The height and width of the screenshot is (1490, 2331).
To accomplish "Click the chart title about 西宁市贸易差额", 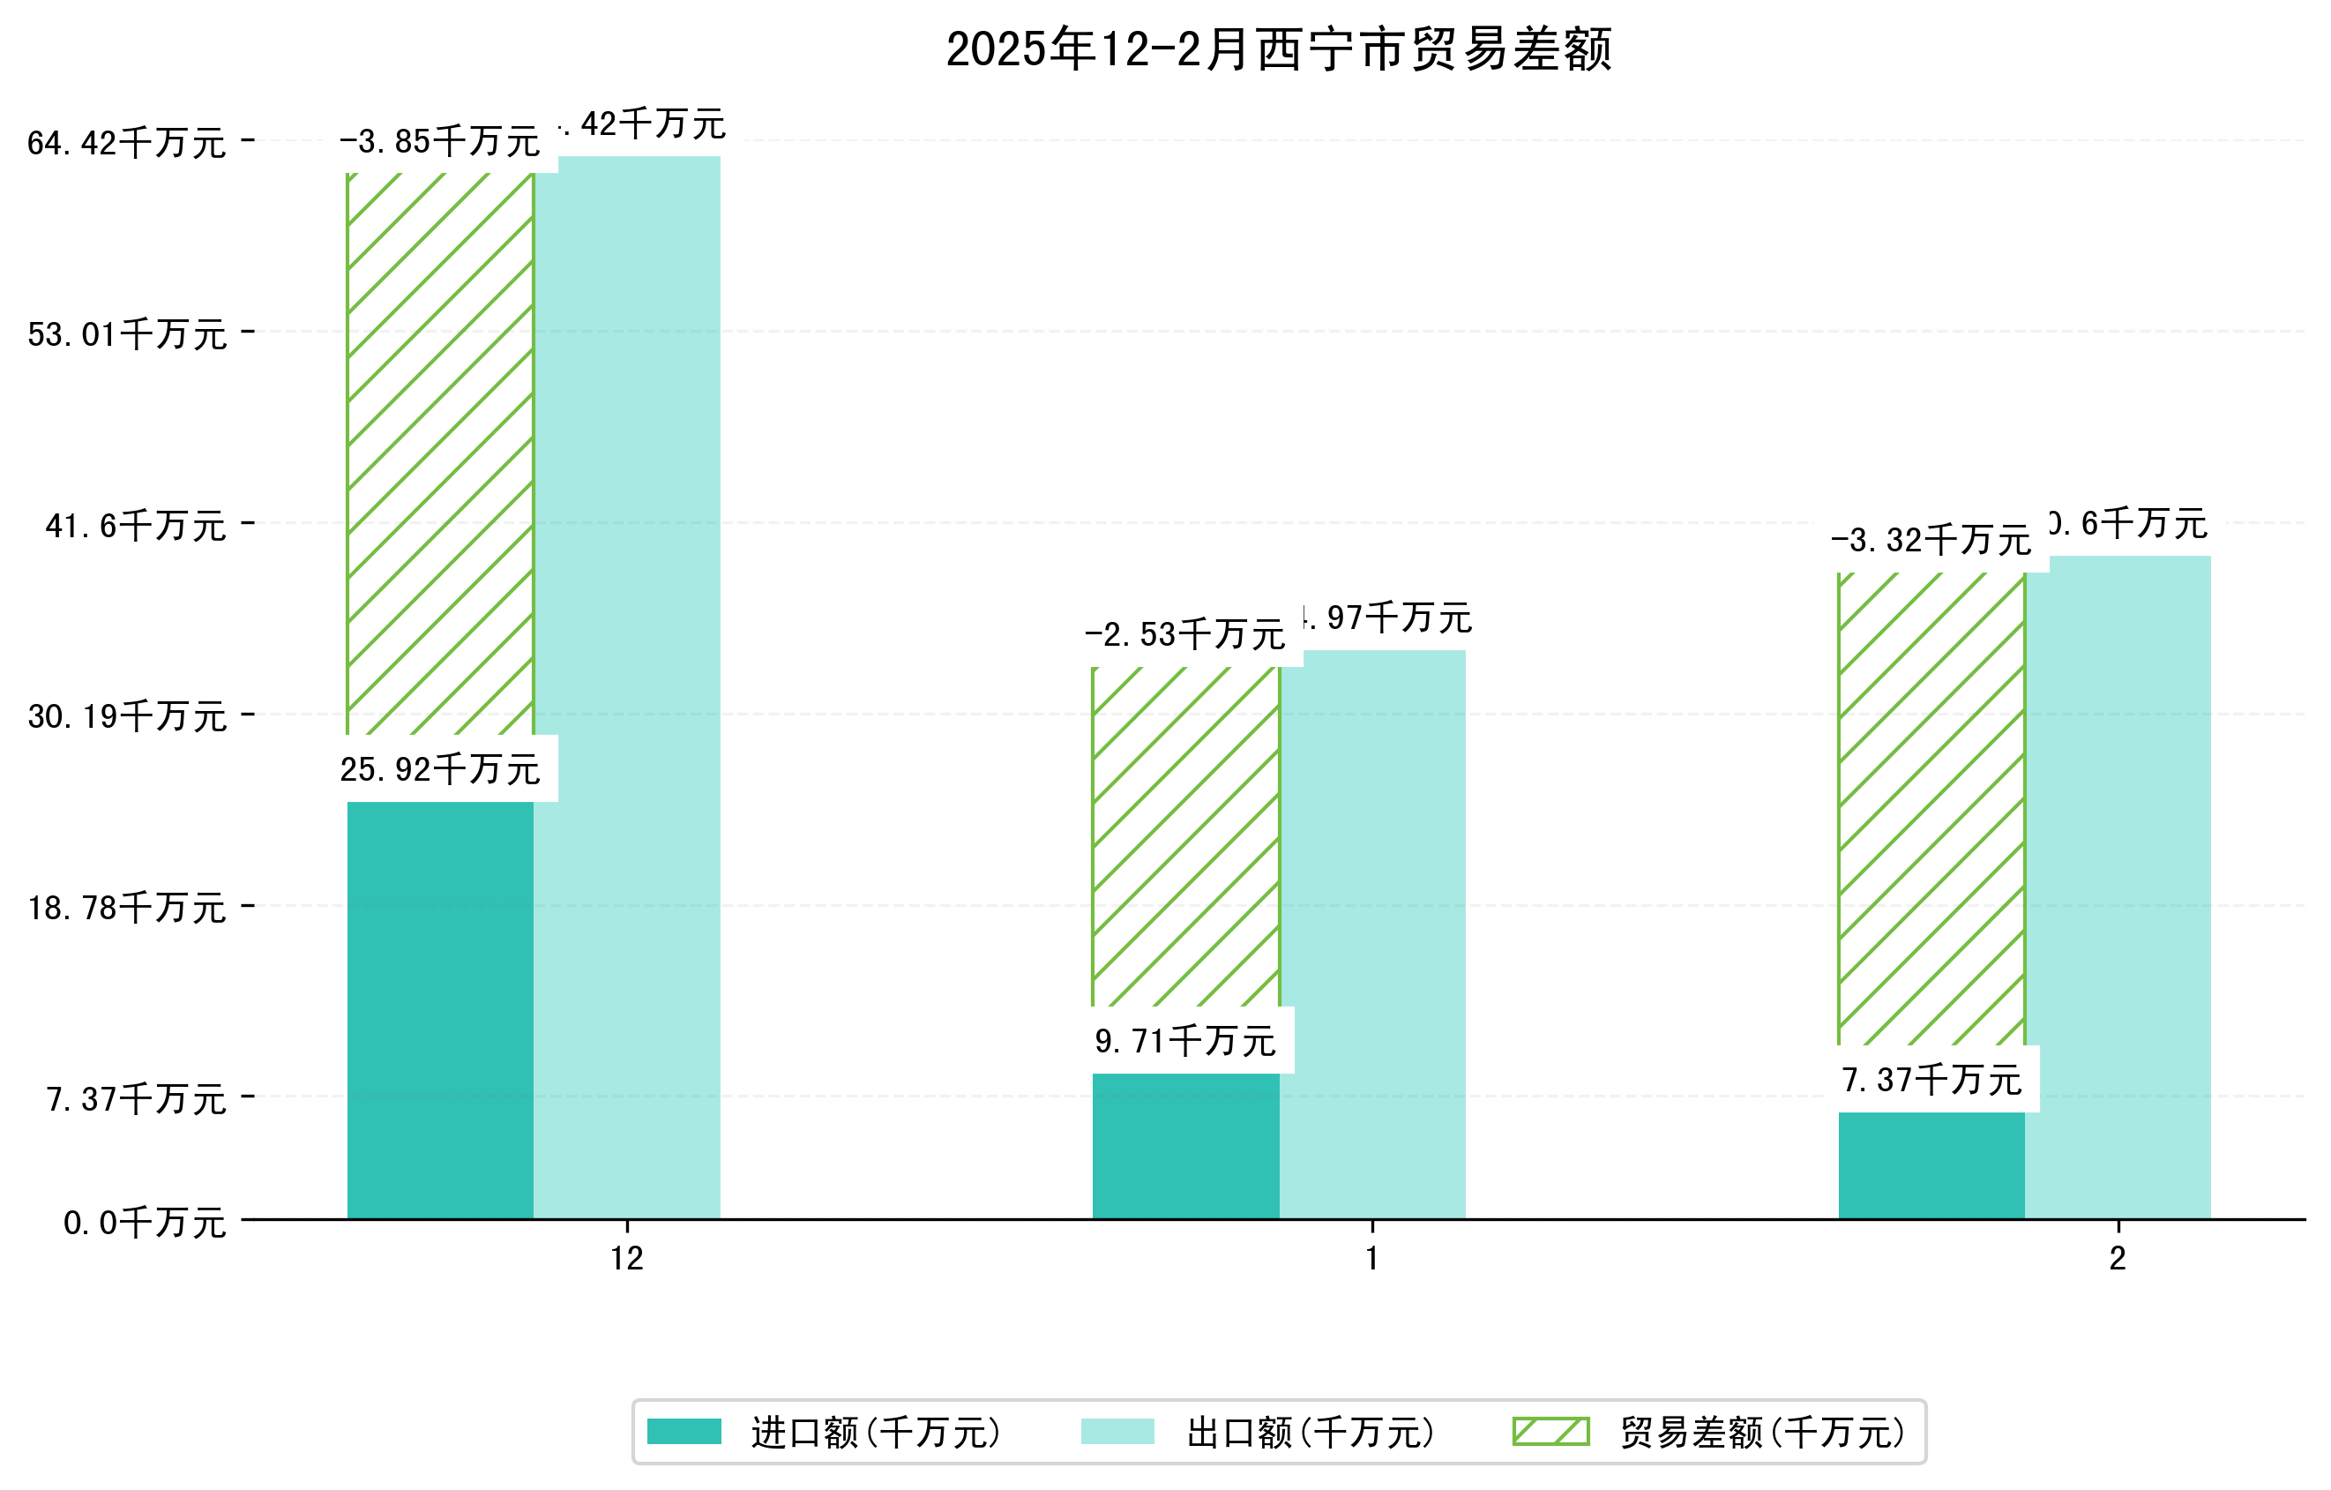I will point(1279,49).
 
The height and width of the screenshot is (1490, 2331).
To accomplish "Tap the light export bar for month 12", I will point(627,687).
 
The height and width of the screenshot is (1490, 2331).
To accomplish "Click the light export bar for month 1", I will point(1372,934).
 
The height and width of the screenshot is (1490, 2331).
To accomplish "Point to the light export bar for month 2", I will point(2118,887).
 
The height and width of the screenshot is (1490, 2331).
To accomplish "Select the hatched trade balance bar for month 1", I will point(1186,836).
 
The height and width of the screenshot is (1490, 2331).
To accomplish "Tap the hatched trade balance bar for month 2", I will point(1931,808).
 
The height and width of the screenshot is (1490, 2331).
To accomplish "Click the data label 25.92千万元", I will point(440,769).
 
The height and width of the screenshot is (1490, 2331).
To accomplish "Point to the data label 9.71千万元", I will point(1186,1042).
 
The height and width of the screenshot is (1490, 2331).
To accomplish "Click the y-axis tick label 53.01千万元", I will point(127,335).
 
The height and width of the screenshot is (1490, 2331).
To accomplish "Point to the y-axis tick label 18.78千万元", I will point(127,908).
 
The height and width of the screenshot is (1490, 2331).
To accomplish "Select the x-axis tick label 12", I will point(627,1259).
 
